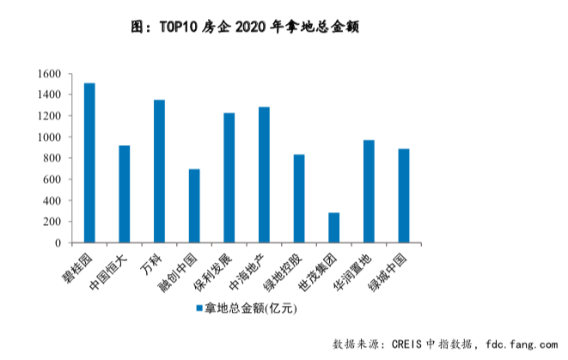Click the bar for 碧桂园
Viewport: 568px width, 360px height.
pos(89,163)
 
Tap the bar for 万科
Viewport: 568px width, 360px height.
pos(159,172)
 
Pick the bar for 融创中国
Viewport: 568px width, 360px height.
pos(194,206)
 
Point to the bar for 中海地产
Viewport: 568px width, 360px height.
pos(264,175)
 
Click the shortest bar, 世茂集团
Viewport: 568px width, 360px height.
pos(333,228)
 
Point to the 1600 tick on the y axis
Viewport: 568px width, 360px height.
pos(49,74)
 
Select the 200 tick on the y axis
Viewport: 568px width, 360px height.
pos(52,222)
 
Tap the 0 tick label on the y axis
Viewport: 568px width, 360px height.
pos(58,243)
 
